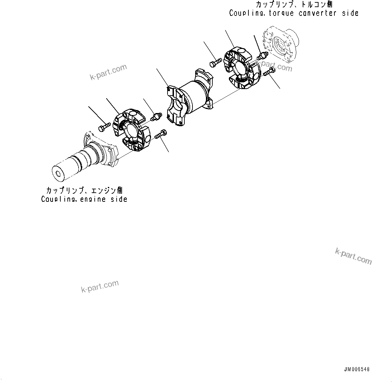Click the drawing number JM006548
[357, 369]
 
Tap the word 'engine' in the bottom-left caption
[93, 199]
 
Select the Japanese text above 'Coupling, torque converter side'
[294, 5]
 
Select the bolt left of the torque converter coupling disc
[215, 63]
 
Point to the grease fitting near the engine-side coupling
[156, 117]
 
